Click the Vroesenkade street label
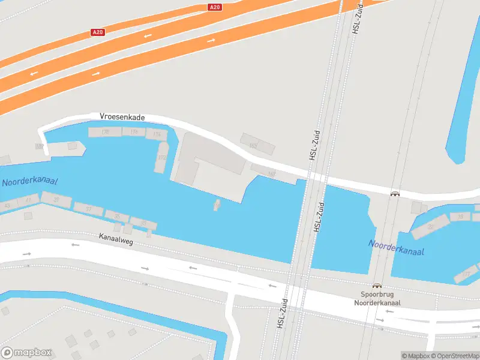[122, 117]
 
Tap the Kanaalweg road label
[116, 238]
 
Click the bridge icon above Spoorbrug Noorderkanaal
[377, 286]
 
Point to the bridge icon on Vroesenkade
[395, 193]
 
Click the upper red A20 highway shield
[215, 7]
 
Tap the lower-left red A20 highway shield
[98, 32]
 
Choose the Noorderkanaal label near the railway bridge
[396, 247]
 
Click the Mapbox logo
[26, 353]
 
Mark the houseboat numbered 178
[106, 132]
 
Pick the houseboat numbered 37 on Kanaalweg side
[88, 209]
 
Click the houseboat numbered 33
[143, 223]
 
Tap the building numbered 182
[40, 146]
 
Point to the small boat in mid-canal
[216, 205]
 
